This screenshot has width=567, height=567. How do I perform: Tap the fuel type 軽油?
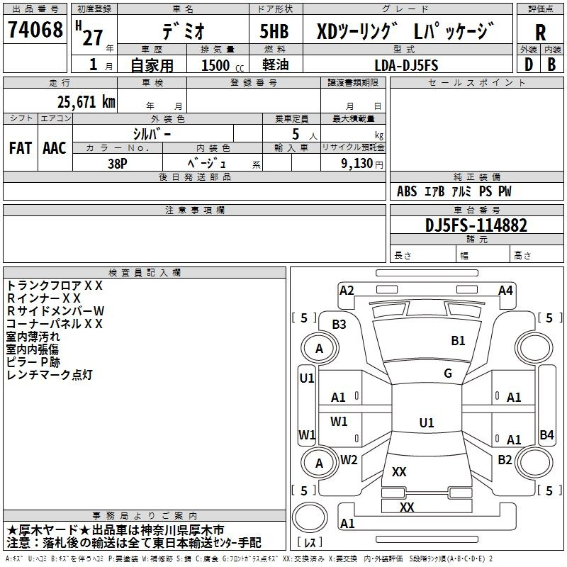click(x=275, y=65)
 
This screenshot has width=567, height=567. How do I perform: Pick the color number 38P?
click(x=117, y=163)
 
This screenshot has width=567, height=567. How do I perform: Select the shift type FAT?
click(x=20, y=148)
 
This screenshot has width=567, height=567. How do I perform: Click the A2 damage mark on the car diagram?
click(x=347, y=290)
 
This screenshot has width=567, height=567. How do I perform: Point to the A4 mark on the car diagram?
click(x=505, y=290)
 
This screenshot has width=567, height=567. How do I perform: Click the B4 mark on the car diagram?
click(x=546, y=435)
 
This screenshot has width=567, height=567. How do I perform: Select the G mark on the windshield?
click(x=448, y=374)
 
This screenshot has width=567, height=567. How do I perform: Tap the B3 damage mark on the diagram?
click(x=339, y=325)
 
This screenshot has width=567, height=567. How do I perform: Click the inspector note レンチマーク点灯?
click(x=50, y=375)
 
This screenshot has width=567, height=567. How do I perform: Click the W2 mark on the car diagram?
click(x=349, y=459)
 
